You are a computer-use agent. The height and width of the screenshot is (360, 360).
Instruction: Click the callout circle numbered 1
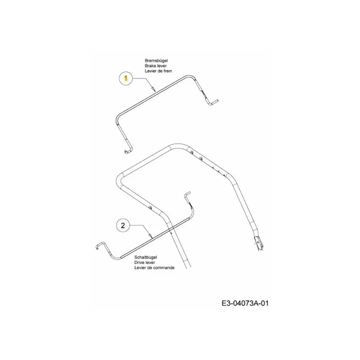pos(126,79)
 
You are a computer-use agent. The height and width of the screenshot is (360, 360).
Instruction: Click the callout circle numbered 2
pos(123,225)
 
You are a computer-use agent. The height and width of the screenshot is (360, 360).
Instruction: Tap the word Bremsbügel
pos(156,61)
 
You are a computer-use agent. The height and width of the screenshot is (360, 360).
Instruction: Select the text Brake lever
pos(156,66)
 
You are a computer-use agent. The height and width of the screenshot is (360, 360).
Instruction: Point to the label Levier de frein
pos(158,71)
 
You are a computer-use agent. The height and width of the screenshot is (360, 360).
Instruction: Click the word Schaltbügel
pos(145,257)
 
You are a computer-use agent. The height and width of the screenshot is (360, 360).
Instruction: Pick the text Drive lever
pos(144,262)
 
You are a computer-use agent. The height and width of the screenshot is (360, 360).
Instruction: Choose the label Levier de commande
pos(154,267)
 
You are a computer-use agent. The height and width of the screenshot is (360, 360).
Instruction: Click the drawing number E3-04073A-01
pos(245,303)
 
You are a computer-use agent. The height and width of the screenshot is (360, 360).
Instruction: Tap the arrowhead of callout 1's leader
pos(154,89)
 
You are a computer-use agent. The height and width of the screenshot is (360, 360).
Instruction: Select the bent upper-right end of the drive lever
pos(187,194)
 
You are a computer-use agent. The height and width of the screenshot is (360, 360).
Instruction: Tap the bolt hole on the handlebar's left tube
pos(150,208)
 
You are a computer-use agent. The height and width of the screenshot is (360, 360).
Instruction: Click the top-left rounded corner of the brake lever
pos(117,117)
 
